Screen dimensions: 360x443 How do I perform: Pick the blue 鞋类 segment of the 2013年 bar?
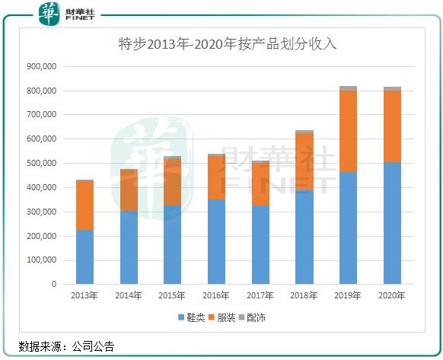click(84, 256)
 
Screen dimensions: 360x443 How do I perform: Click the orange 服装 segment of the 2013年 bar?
click(84, 205)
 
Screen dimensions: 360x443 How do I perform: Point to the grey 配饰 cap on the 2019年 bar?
click(349, 88)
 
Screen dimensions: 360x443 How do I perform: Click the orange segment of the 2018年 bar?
click(304, 161)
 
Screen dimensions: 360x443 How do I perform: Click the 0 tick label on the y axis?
click(53, 284)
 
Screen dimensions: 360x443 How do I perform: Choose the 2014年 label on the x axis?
click(128, 295)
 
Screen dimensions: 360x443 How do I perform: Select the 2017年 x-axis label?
click(260, 295)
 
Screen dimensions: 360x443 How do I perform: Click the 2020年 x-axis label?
click(392, 295)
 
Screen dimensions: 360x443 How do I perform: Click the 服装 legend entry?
click(226, 317)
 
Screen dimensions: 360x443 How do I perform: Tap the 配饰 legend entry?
click(257, 317)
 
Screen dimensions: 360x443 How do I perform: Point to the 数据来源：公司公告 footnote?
click(66, 346)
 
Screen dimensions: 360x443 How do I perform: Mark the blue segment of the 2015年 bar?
click(172, 244)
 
